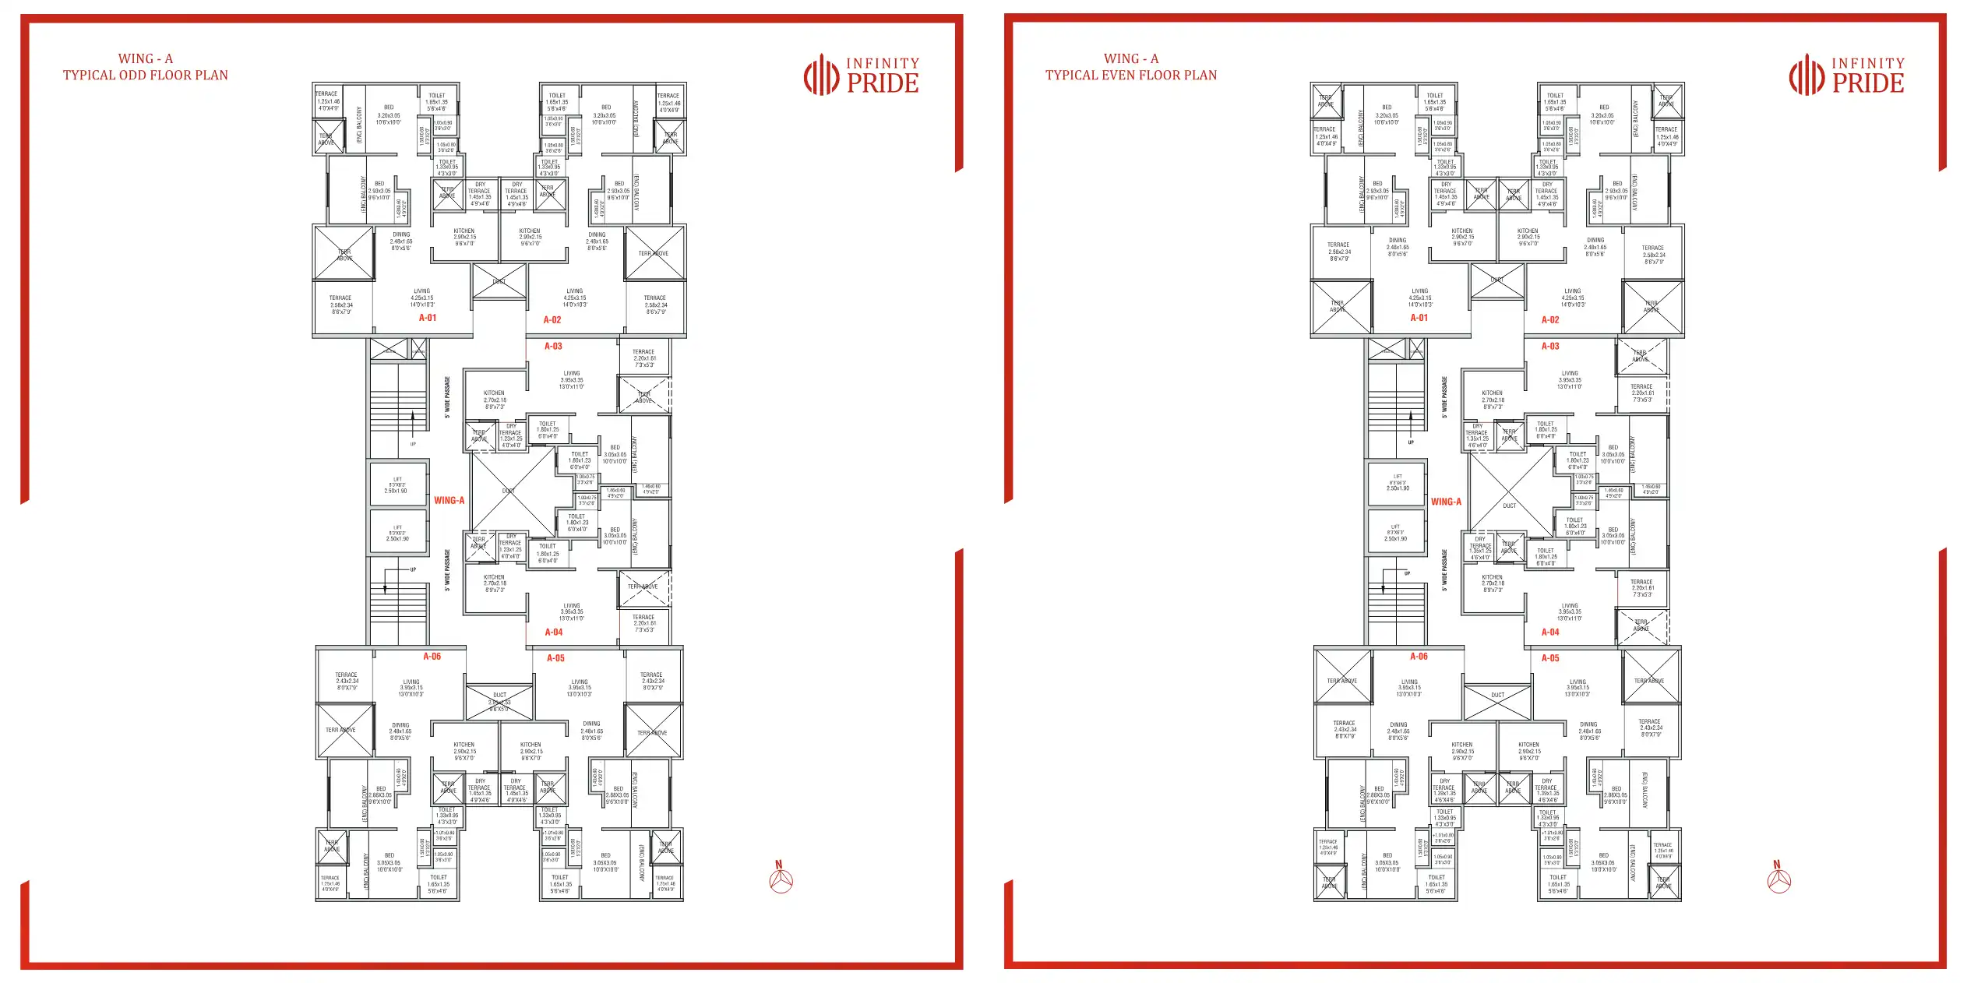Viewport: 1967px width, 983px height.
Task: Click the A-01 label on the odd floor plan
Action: pos(428,318)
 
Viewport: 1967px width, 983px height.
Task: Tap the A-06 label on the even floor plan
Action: pos(1419,657)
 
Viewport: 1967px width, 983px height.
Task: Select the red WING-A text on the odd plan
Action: pos(449,501)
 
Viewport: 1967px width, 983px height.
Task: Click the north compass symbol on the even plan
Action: pos(1778,880)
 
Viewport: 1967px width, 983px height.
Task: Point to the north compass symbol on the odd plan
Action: pos(781,880)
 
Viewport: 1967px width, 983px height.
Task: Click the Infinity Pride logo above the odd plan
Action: pos(861,75)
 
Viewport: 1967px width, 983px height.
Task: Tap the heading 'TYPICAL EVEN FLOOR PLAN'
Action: pos(1130,75)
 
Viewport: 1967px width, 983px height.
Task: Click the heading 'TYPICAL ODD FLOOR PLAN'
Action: pos(146,75)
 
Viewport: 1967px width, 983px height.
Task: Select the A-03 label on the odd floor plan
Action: pos(553,346)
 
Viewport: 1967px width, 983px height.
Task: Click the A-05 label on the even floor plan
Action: pos(1550,658)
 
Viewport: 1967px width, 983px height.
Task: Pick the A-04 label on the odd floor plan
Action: pos(554,632)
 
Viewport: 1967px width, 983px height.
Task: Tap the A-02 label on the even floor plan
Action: pos(1550,320)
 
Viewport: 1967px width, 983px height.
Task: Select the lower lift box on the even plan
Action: pos(1396,533)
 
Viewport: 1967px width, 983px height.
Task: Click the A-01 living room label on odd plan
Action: pos(421,298)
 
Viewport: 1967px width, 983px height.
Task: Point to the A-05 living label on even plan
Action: pos(1577,688)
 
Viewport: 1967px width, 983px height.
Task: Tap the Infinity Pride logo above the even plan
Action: pos(1846,75)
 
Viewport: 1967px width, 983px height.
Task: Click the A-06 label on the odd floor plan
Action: pos(432,657)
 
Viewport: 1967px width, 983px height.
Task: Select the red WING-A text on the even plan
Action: pos(1446,502)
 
